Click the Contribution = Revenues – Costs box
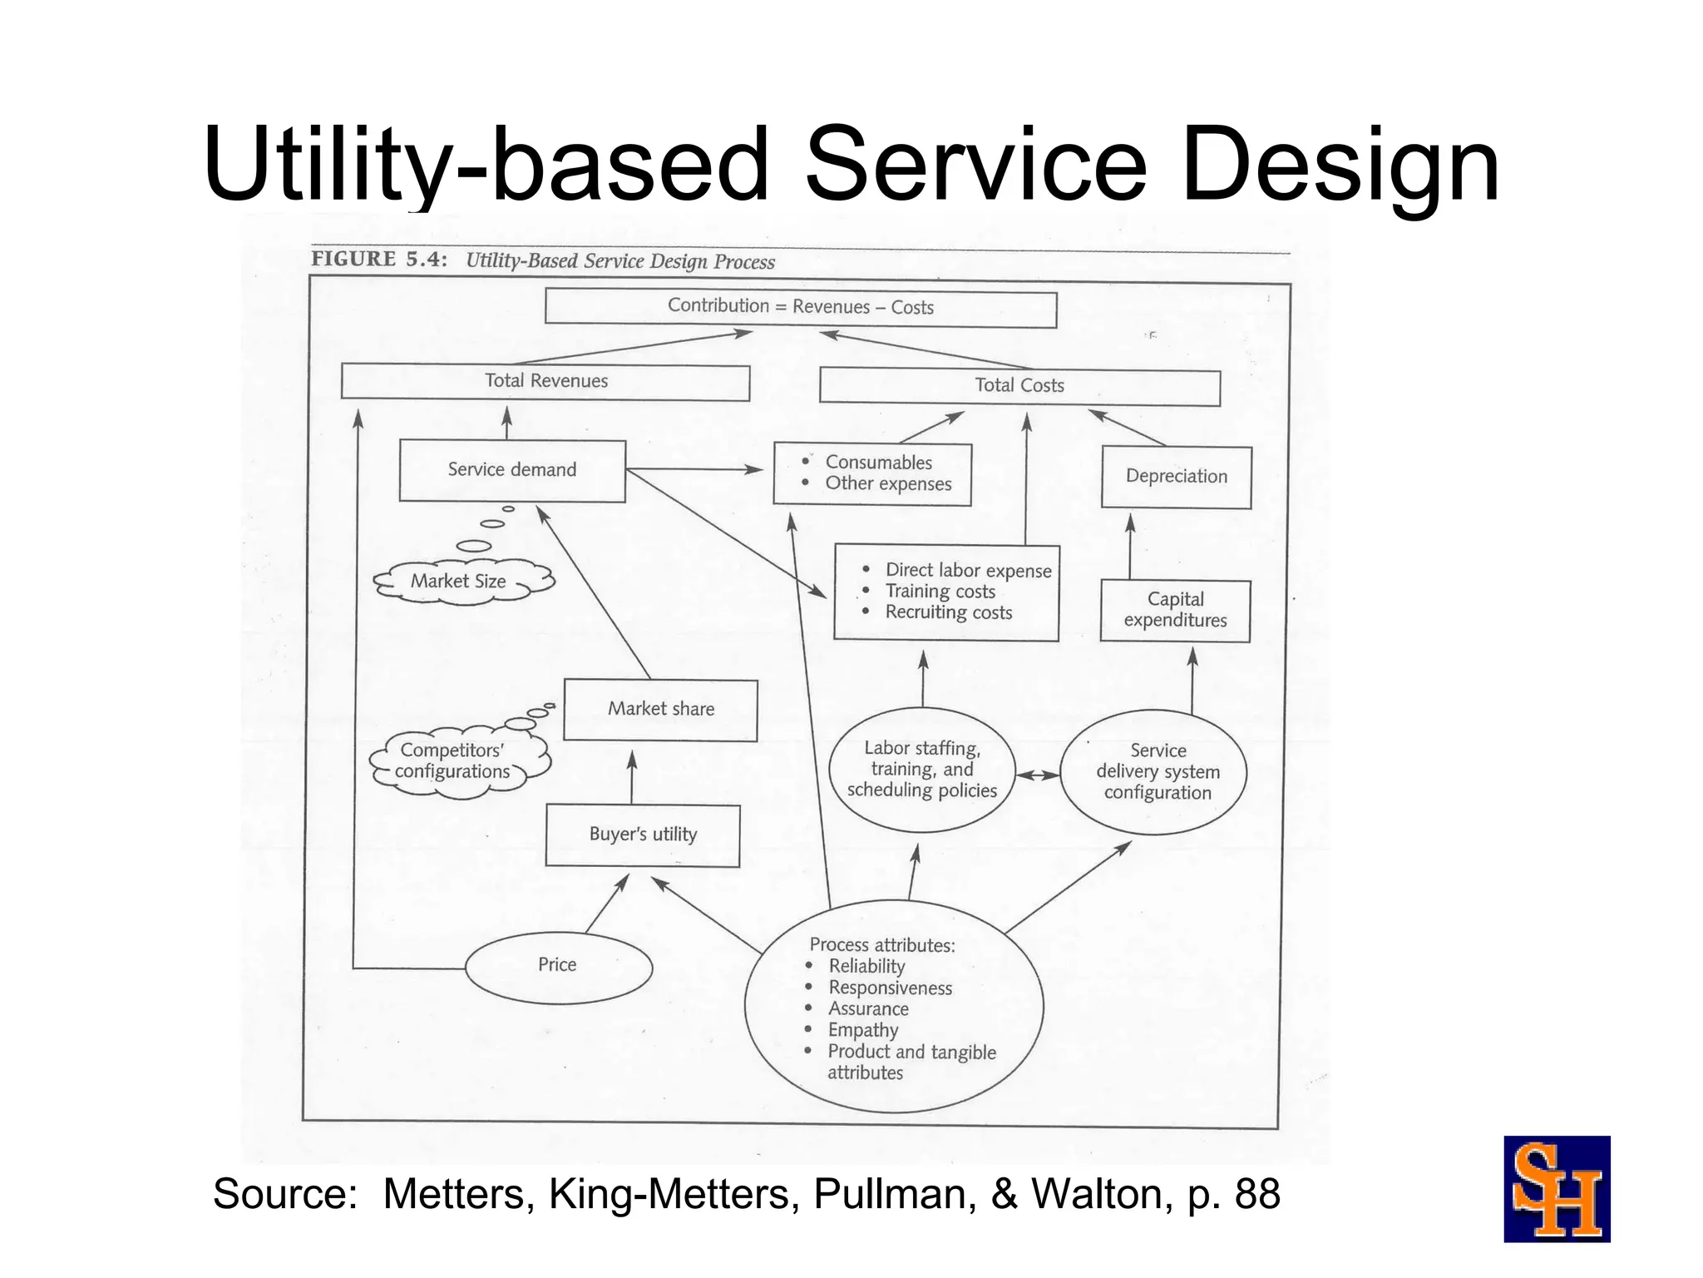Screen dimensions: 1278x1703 (800, 307)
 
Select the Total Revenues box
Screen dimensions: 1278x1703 (545, 382)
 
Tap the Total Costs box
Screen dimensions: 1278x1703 (1019, 386)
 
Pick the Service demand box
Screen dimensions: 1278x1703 (512, 470)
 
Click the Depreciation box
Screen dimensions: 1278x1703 (1176, 477)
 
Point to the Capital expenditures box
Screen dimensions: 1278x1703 (1175, 610)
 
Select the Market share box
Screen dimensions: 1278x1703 (660, 710)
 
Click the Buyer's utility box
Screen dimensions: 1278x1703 (643, 835)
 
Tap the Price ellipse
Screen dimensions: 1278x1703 (558, 965)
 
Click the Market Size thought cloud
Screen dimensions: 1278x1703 (460, 581)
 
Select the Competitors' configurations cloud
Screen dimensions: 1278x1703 (454, 761)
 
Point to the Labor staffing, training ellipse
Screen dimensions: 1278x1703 (922, 770)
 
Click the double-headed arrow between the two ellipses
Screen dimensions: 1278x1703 (1038, 775)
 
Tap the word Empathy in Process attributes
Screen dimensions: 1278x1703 (863, 1030)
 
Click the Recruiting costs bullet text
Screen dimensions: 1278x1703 (948, 613)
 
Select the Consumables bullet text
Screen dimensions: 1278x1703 (878, 463)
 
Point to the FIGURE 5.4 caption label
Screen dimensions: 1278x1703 (379, 260)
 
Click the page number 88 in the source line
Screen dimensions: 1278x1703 (1257, 1194)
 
